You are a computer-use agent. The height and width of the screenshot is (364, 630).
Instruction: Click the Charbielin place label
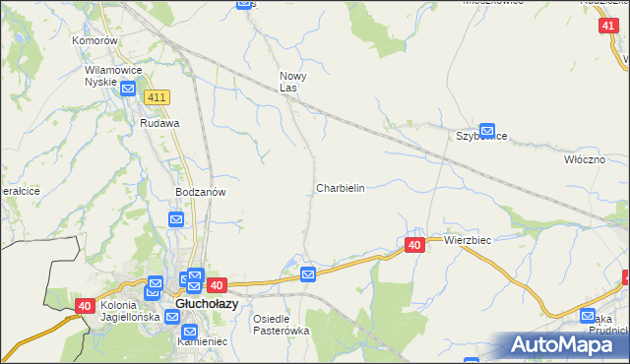coord(341,187)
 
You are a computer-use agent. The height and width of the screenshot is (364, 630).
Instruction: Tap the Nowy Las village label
coord(294,82)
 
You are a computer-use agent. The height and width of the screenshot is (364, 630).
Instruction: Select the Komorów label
coord(95,41)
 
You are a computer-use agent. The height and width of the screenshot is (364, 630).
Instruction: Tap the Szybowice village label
coord(480,136)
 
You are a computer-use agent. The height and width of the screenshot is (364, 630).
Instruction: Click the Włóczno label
coord(584,158)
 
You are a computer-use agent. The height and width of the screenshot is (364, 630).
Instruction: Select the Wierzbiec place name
coord(468,240)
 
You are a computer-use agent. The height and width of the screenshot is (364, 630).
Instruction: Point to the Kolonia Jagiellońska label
coord(130,311)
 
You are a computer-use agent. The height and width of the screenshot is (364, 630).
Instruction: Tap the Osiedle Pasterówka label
coord(282,325)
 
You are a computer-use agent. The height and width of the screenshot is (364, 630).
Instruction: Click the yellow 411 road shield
coord(157,97)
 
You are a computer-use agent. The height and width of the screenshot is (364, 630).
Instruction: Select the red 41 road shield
coord(607,28)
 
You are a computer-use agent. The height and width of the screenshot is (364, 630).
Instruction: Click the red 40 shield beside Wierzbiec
coord(414,244)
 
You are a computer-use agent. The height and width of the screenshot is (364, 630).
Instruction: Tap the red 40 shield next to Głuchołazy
coord(218,284)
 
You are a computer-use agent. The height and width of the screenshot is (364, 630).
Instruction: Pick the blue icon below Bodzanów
coord(176,219)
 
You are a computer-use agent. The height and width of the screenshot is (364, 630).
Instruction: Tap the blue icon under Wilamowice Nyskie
coord(129,90)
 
